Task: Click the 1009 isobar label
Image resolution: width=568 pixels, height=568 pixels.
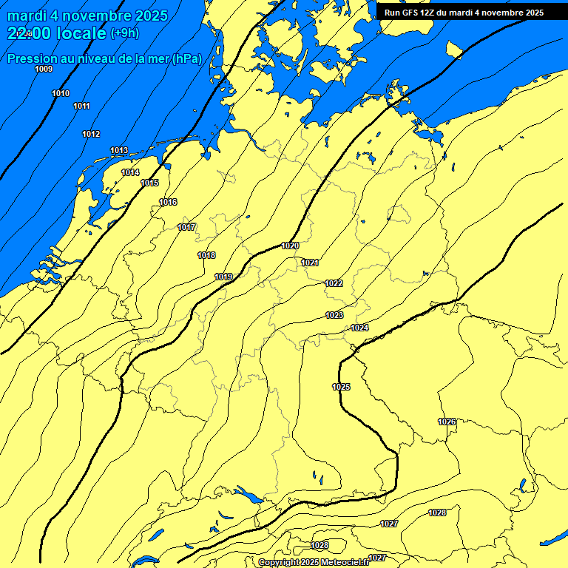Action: coord(44,69)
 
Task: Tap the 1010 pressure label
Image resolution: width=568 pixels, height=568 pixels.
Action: coord(61,93)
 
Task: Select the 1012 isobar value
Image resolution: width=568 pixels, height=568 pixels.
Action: coord(91,134)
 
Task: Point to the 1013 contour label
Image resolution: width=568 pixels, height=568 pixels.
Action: coord(119,150)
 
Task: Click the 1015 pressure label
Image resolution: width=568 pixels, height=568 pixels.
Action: coord(149,183)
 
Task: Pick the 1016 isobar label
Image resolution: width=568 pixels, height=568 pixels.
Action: coord(168,202)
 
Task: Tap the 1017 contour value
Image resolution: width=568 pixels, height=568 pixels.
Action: coord(187,227)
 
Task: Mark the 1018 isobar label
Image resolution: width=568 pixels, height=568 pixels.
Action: coord(206,255)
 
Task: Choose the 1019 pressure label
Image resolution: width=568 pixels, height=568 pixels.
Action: coord(223,277)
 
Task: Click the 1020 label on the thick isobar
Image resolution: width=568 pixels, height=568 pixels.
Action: coord(290,246)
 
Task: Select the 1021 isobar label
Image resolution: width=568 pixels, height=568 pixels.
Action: coord(310,263)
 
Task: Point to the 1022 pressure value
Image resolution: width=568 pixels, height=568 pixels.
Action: coord(334,283)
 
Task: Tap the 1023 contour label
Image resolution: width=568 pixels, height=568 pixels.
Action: coord(334,315)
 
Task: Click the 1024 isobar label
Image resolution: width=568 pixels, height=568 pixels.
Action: coord(359,328)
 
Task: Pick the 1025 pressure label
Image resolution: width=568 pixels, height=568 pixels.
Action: coord(341,387)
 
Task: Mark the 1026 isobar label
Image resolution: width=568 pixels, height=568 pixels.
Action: coord(447,422)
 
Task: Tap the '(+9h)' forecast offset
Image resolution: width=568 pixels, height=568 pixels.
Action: coord(124,33)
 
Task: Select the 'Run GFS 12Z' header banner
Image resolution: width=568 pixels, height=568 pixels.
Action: coord(464,13)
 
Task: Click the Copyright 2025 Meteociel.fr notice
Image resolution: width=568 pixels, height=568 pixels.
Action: coord(314,562)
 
